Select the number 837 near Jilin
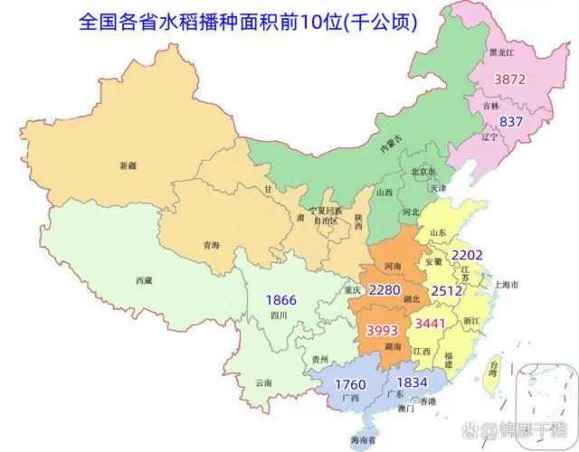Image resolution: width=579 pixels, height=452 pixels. (511, 122)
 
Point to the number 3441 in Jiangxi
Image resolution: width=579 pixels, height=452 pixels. (430, 323)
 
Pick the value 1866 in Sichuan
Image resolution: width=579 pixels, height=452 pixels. (280, 300)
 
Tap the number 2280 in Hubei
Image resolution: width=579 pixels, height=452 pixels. (384, 291)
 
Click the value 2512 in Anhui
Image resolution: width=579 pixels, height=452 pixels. (446, 291)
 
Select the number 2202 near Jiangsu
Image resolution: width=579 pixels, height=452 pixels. (469, 255)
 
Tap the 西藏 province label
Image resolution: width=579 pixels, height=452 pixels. (144, 281)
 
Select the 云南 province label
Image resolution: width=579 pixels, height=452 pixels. (263, 382)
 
